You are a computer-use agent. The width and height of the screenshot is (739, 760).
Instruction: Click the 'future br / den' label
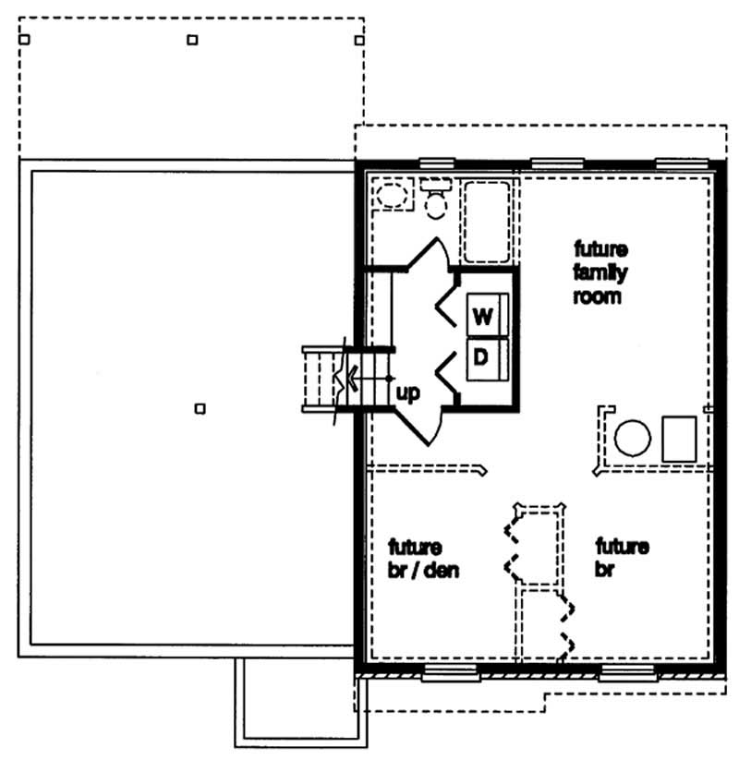point(423,558)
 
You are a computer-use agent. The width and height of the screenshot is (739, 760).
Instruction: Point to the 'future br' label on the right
point(621,558)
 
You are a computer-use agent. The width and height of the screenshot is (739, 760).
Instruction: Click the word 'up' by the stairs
point(407,393)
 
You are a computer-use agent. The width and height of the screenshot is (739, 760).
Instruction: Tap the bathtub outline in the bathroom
point(487,222)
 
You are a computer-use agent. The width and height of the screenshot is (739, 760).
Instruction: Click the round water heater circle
point(633,438)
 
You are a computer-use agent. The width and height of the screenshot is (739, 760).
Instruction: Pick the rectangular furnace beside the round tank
point(679,438)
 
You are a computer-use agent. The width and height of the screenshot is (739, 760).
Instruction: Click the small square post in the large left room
point(200,408)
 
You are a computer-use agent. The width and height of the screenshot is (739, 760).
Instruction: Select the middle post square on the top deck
point(192,39)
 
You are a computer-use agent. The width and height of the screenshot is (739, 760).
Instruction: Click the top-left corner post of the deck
point(25,39)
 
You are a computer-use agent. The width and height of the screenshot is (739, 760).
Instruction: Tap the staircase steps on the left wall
point(321,377)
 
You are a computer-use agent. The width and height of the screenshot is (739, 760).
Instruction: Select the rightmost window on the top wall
point(682,163)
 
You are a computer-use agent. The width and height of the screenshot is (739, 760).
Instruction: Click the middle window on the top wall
point(558,163)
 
